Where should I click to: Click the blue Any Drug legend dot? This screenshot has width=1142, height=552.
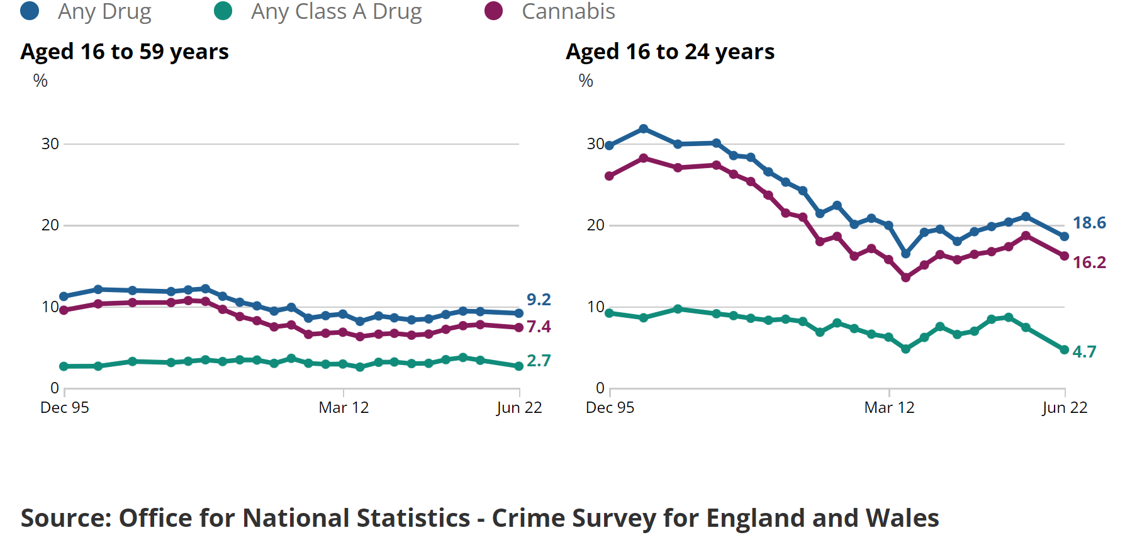coord(30,11)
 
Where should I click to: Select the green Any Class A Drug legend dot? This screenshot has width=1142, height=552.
coord(223,11)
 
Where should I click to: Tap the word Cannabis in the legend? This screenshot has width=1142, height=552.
coord(568,11)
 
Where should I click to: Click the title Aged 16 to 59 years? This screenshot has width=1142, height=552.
coord(125,52)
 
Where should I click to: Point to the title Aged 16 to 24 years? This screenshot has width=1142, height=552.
coord(670,52)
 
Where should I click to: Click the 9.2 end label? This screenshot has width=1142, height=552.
coord(539,300)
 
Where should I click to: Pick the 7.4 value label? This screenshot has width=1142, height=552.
coord(539,327)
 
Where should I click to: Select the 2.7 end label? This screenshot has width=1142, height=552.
coord(539,361)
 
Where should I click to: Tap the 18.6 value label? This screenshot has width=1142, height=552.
coord(1089,223)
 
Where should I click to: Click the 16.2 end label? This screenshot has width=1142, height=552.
coord(1089,262)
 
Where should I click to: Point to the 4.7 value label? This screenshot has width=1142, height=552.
coord(1084,352)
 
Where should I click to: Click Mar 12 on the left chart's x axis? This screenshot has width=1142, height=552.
coord(344,408)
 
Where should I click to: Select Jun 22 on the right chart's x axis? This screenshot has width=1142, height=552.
coord(1065,408)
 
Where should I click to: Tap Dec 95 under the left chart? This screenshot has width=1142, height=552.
coord(65,408)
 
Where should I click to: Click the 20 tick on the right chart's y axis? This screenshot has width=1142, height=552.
coord(595,225)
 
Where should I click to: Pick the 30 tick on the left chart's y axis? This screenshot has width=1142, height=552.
coord(50,144)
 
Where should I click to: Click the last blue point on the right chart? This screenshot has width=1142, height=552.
coord(1065,237)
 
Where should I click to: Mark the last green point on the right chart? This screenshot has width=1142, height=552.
coord(1065,350)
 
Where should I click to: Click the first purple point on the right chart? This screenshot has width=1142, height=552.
coord(609,176)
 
